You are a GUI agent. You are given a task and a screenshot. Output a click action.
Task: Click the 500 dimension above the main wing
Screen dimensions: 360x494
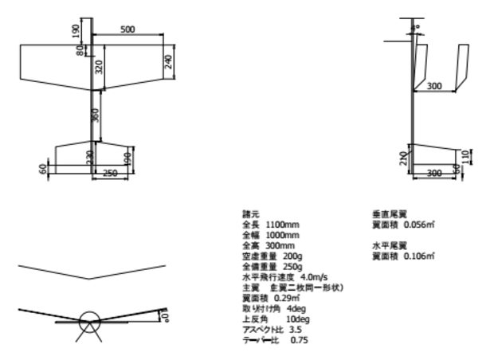point(128,29)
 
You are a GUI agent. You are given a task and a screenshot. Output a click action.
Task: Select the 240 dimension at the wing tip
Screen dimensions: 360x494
point(167,63)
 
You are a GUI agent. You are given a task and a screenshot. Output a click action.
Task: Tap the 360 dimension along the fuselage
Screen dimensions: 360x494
point(96,115)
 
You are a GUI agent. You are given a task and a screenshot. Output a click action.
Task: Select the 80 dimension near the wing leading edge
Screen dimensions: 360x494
point(80,50)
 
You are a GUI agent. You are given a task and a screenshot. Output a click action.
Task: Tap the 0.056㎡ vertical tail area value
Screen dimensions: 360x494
point(417,225)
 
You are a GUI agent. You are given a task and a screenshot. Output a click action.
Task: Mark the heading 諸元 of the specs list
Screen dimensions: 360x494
point(250,215)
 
